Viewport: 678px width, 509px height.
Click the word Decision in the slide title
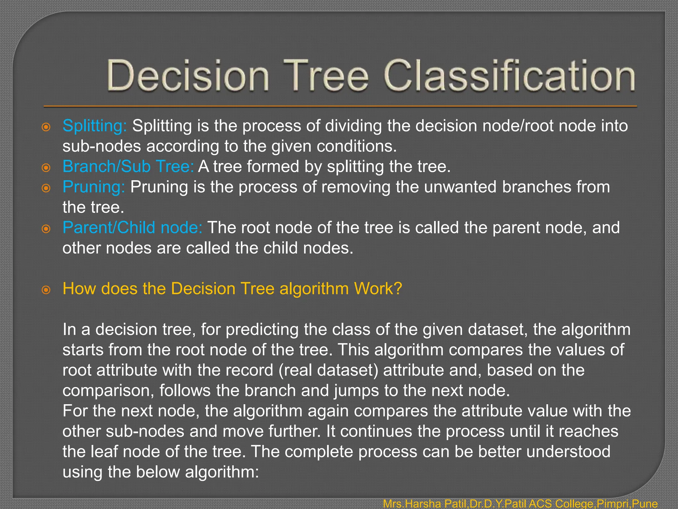pos(187,76)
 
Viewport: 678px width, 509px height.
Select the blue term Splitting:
pos(95,126)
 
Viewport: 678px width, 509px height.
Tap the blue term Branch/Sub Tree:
pos(128,167)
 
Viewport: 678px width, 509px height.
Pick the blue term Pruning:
pos(94,187)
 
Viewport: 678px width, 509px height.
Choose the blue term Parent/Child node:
pos(132,228)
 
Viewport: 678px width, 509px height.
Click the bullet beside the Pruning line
pos(46,188)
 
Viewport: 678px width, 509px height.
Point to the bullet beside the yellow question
pos(46,290)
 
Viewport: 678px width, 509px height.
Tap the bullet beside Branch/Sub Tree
pos(46,168)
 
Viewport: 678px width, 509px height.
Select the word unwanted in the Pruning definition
pos(460,187)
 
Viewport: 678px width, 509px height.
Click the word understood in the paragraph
pos(568,452)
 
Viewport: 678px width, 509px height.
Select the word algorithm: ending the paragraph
pos(222,472)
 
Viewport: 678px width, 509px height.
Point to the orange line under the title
pos(340,107)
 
